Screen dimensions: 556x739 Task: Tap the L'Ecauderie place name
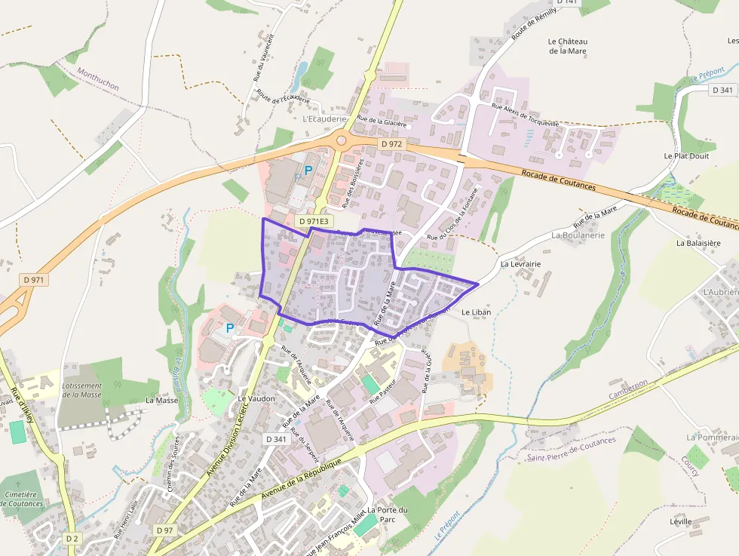324,118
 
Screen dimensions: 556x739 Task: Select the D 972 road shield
392,143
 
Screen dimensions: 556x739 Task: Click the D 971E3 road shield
313,221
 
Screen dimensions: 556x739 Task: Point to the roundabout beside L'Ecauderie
341,140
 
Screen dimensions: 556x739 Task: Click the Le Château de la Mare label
568,46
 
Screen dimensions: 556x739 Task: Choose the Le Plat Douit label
686,155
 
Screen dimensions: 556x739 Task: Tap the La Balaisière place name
698,243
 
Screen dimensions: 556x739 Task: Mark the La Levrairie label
521,264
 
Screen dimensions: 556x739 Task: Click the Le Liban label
476,312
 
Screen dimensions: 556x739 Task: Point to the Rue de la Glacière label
382,121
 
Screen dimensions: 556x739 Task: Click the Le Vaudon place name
256,398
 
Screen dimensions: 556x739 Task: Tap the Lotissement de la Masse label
81,389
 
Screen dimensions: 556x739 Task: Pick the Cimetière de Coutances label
24,499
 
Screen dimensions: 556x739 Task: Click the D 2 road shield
72,539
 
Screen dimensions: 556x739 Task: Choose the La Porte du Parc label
388,515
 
